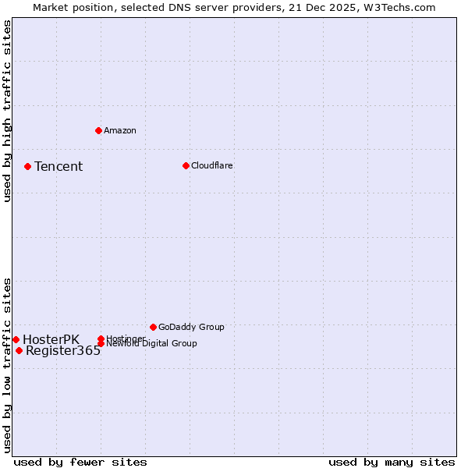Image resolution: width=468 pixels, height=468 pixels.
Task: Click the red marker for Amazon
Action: (x=98, y=130)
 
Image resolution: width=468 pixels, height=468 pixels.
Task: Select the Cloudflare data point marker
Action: (x=186, y=165)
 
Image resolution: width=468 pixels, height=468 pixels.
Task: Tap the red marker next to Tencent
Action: (x=27, y=166)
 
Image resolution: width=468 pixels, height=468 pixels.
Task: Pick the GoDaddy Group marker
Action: (x=153, y=327)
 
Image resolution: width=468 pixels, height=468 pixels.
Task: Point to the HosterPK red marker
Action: (x=16, y=339)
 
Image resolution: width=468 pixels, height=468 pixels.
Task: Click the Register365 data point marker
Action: (x=19, y=350)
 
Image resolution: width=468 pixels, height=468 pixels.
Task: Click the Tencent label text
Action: (x=58, y=166)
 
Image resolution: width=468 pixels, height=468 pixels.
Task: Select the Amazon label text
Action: (x=120, y=130)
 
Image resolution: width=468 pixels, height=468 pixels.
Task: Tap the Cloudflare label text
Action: (x=212, y=165)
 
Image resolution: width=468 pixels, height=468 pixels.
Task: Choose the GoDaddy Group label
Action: (x=191, y=327)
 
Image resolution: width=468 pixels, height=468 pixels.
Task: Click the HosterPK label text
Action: (x=51, y=339)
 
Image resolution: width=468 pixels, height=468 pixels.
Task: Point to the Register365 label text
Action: (x=63, y=351)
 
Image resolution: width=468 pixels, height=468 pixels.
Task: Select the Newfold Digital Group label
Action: (x=152, y=344)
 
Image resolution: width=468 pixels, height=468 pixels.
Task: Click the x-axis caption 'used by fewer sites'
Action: (x=80, y=462)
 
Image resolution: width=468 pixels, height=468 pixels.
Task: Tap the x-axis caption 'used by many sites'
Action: (x=392, y=462)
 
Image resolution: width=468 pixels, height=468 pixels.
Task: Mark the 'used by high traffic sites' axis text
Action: (x=7, y=112)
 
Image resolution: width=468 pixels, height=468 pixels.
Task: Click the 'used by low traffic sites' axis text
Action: (x=7, y=365)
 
